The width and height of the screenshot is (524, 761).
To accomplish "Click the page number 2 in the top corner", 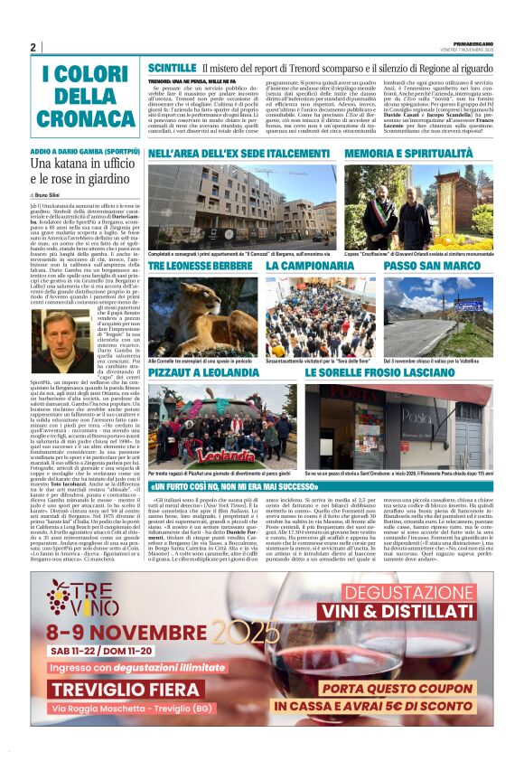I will tap(33, 47).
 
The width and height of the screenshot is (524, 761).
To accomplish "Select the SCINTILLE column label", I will tap(171, 68).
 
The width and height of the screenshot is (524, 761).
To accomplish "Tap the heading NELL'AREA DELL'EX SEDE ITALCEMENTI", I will tap(226, 155).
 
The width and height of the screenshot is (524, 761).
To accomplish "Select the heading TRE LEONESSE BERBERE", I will tap(201, 266).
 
